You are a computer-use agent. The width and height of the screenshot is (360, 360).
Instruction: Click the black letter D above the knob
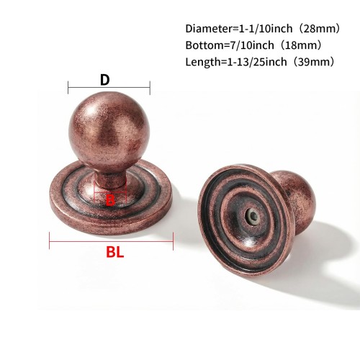tap(105, 80)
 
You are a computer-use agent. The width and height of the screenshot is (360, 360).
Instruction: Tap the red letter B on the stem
tap(110, 200)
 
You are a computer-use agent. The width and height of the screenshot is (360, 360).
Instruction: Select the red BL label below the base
tap(115, 252)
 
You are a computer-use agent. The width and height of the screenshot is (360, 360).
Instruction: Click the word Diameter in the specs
tap(208, 29)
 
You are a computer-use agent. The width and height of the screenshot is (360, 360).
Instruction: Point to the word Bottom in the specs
tap(204, 45)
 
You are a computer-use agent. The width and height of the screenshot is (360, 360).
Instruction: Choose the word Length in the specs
tap(202, 62)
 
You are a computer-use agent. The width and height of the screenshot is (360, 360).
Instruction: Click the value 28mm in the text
tap(318, 29)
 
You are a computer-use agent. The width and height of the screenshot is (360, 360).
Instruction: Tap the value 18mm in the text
tap(299, 45)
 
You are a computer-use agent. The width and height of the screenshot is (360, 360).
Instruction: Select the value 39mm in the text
tap(311, 62)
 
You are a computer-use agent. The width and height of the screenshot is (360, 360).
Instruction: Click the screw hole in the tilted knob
tap(253, 216)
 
